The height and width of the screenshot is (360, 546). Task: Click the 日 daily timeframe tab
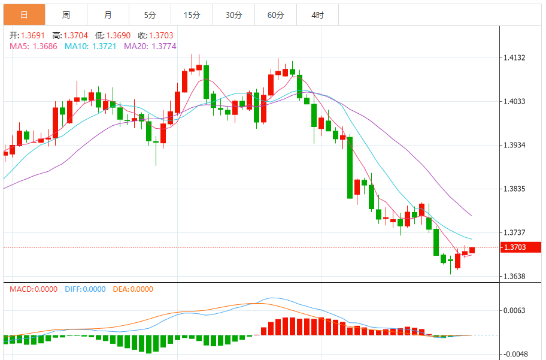(x=23, y=15)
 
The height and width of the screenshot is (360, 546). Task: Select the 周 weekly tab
(x=66, y=15)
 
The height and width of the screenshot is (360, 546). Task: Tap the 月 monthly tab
(x=108, y=15)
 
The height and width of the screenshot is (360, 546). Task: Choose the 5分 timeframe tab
(x=150, y=15)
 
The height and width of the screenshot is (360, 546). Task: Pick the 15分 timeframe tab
(x=192, y=15)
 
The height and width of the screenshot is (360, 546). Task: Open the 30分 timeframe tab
(x=233, y=15)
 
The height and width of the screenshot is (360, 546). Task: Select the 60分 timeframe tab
(x=275, y=15)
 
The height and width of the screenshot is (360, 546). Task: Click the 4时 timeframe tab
(x=317, y=15)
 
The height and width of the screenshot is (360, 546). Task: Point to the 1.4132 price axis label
(x=515, y=58)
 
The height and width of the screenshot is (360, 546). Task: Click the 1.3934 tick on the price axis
(x=515, y=146)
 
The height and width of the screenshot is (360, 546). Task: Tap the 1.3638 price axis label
(x=515, y=277)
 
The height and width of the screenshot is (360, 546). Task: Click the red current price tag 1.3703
(x=520, y=247)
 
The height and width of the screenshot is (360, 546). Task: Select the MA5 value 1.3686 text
(x=34, y=46)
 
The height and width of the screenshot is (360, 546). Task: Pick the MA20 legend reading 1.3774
(x=150, y=46)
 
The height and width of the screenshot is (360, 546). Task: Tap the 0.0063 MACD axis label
(x=515, y=310)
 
